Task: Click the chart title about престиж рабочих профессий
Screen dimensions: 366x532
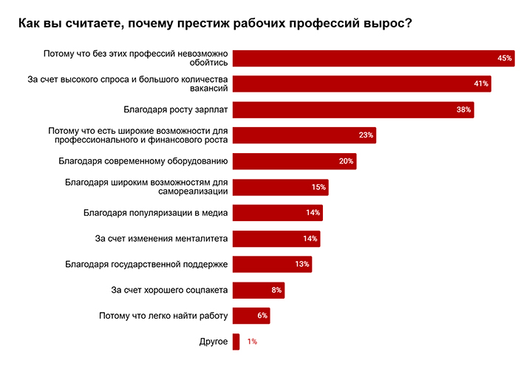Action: pos(215,23)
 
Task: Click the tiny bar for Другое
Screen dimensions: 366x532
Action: pos(236,342)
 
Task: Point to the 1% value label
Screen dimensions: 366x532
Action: pos(252,342)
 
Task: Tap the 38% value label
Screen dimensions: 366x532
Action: pos(464,109)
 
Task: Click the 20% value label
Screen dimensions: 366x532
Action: pos(347,161)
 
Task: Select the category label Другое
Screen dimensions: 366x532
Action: pos(213,342)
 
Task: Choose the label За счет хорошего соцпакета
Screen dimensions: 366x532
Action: pos(168,290)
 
